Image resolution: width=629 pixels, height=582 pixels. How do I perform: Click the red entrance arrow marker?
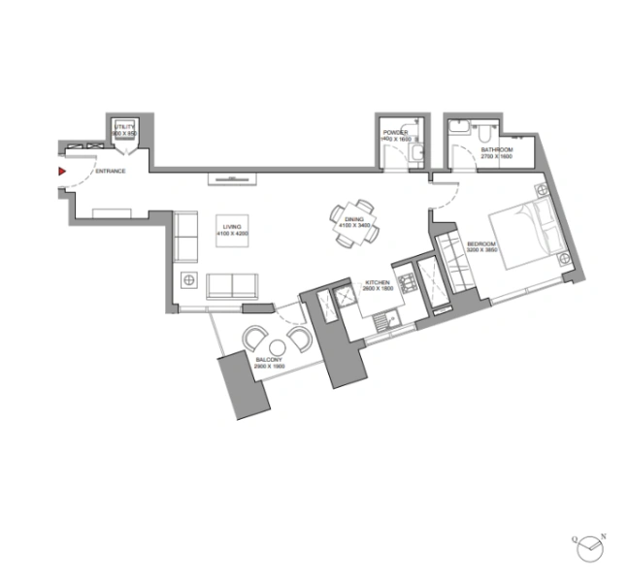click(61, 172)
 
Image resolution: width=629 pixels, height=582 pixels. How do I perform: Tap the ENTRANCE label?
click(110, 172)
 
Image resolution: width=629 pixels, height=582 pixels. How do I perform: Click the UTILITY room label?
click(124, 127)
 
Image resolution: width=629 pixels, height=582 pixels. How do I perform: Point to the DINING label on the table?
click(353, 220)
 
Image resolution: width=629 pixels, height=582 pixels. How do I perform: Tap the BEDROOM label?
click(480, 243)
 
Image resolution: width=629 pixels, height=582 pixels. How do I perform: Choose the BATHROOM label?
click(494, 149)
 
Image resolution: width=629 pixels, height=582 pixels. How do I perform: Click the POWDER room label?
click(394, 131)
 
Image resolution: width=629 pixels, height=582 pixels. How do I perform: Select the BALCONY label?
click(269, 360)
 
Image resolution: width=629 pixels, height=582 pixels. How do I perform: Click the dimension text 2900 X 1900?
click(269, 367)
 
